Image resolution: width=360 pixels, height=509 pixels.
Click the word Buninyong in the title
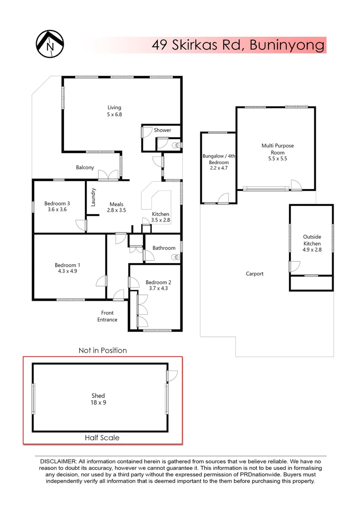287,45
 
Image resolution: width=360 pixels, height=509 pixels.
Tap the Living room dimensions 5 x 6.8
114,114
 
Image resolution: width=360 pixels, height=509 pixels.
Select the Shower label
162,130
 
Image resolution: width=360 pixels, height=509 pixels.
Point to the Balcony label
85,167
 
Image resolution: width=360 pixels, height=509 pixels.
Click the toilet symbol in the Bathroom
176,257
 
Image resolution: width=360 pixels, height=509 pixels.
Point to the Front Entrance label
107,316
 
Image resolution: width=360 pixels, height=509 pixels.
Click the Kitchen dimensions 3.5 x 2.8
160,220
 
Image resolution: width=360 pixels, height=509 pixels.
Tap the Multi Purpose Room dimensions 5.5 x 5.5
278,159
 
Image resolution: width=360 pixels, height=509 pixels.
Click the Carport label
255,274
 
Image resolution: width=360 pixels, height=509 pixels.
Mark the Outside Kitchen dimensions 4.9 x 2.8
312,250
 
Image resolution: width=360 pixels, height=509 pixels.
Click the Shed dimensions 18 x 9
98,402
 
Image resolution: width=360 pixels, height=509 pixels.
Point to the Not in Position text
103,350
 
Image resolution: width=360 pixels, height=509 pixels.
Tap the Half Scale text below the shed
102,437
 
